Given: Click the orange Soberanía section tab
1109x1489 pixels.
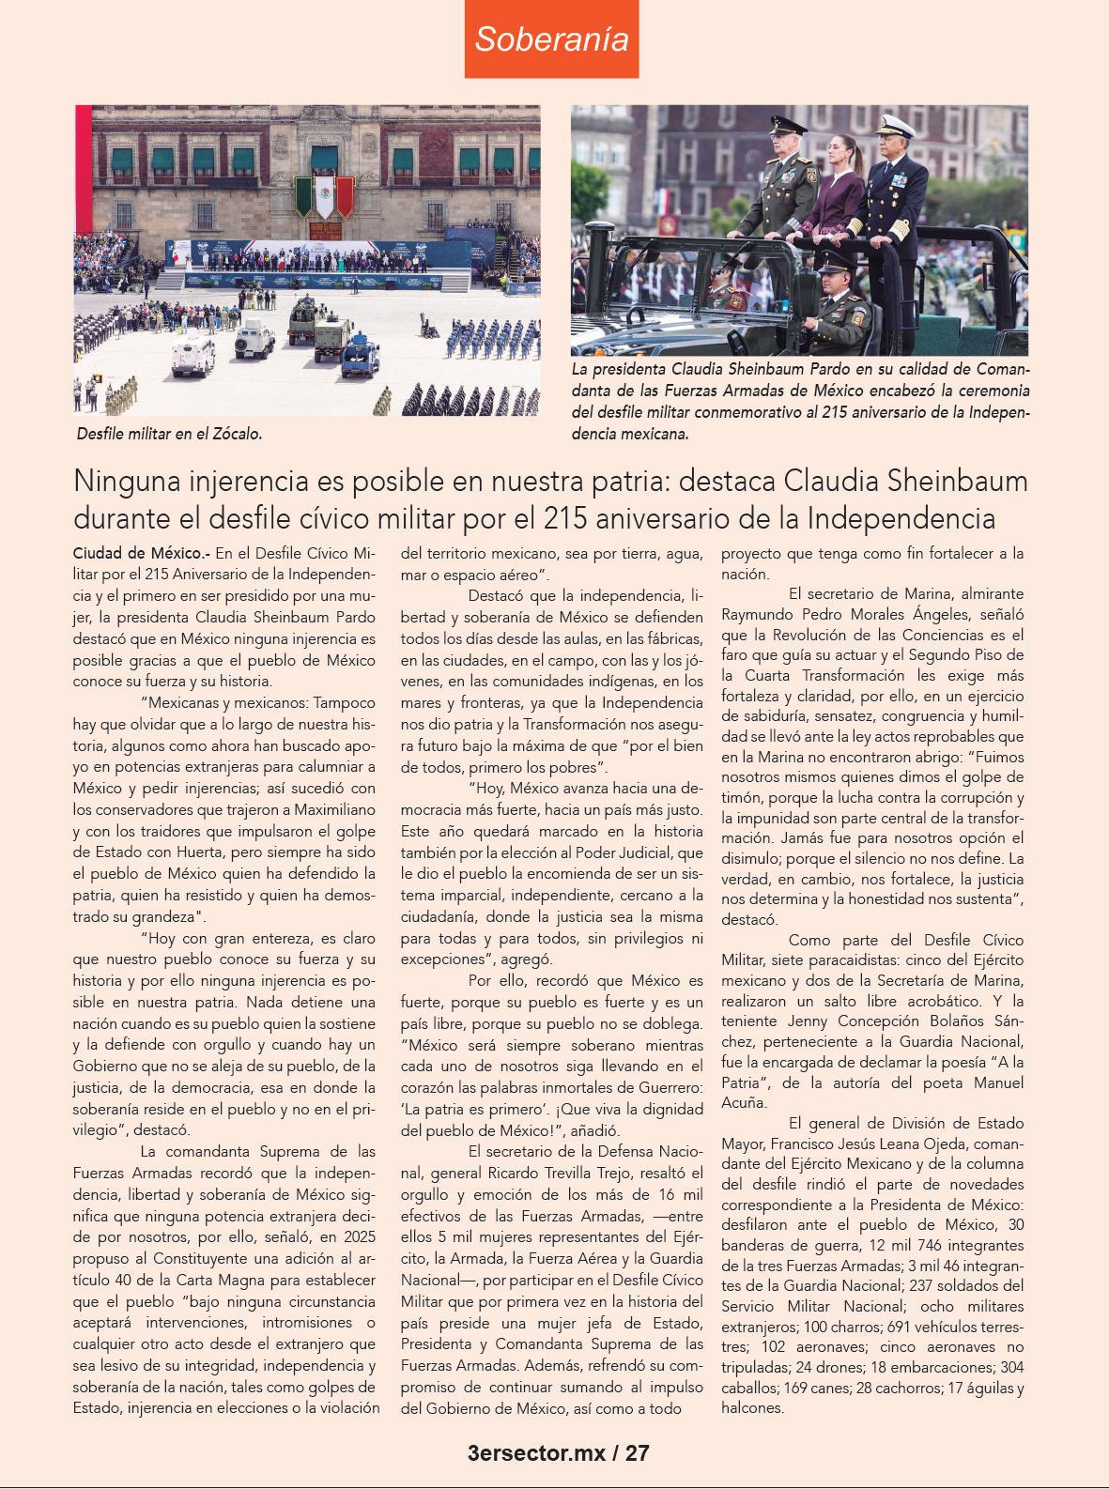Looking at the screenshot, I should tap(551, 39).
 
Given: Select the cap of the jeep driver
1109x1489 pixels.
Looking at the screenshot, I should tap(832, 272).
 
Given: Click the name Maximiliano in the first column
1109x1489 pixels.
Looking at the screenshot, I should tap(335, 808).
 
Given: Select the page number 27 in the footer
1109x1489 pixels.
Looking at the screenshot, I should tap(637, 1454).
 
